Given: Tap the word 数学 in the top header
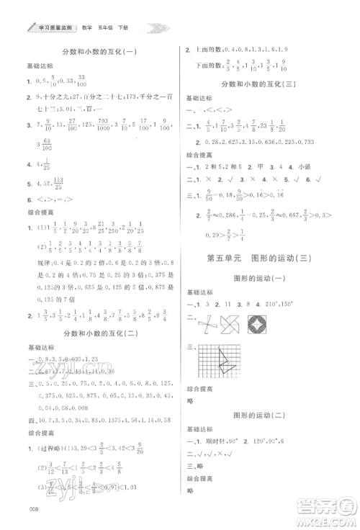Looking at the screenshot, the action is [91, 28].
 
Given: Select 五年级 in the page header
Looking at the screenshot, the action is [113, 28].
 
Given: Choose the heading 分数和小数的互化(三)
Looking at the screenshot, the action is [270, 84].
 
